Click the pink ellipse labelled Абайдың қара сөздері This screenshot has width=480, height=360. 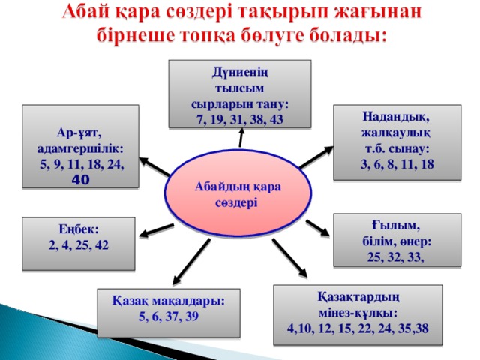[x=238, y=193]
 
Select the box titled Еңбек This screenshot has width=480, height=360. [x=79, y=244]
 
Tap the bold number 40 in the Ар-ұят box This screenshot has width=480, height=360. [x=81, y=180]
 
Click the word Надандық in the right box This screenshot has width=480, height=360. [x=396, y=117]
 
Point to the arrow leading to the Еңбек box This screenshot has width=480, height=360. [x=157, y=230]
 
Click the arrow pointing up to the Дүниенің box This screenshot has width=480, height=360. [x=241, y=137]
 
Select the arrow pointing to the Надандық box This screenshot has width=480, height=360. [x=316, y=157]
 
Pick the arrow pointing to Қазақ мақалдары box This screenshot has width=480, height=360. [x=192, y=262]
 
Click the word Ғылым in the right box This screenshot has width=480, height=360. [x=396, y=226]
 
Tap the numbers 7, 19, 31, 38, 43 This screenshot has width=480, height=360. [x=240, y=120]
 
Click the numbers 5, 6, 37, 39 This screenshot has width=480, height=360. [x=169, y=316]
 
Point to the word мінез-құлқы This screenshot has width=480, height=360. [x=358, y=313]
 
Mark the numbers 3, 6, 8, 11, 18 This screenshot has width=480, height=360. [x=397, y=164]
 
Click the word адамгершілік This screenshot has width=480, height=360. [x=80, y=148]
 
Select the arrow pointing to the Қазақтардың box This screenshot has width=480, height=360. [x=289, y=258]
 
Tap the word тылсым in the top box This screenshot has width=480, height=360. [x=239, y=88]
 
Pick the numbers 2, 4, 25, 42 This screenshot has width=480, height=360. [x=79, y=245]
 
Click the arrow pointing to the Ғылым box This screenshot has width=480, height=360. [x=318, y=228]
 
